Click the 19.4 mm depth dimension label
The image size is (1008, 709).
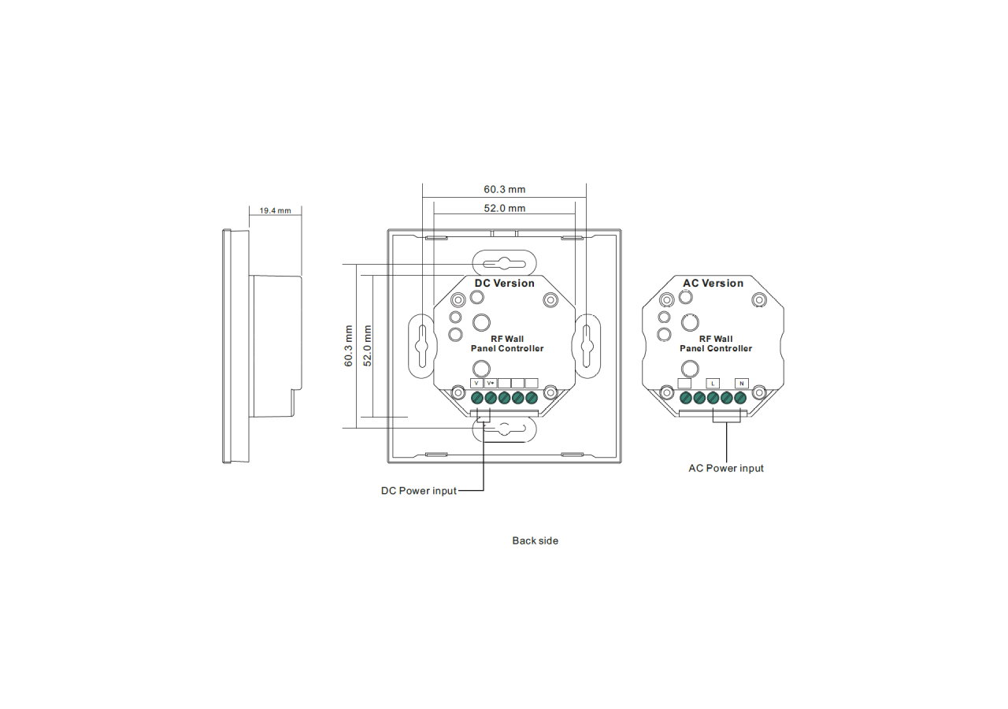tap(275, 210)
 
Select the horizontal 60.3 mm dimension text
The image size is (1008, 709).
tap(504, 190)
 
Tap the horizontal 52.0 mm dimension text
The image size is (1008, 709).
tap(504, 208)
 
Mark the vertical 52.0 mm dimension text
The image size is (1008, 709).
tap(367, 346)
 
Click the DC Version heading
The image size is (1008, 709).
tap(504, 284)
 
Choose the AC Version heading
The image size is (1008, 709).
tap(713, 284)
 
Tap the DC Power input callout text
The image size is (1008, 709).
tap(418, 491)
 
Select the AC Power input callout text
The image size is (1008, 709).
tap(726, 468)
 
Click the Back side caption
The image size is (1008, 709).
tap(535, 540)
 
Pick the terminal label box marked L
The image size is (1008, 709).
tap(713, 383)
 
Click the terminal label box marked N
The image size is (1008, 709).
tap(741, 383)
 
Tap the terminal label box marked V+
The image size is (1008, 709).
tap(491, 383)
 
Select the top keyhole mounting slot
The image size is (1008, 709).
tap(504, 262)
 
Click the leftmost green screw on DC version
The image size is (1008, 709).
tap(477, 398)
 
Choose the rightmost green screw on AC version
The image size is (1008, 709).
tap(740, 398)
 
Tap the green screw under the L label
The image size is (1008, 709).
tap(713, 398)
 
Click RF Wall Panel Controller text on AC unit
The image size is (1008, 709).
tap(716, 343)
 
